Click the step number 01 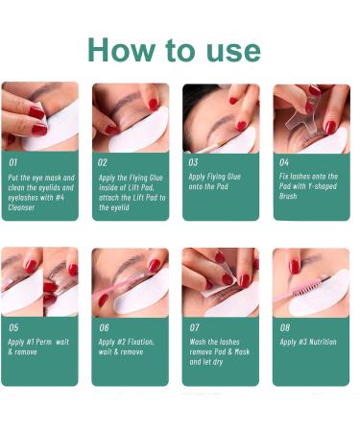12,162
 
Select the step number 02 103,162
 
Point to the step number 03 193,162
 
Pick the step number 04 284,162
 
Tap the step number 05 13,327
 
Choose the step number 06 104,327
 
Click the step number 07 194,327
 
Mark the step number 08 285,327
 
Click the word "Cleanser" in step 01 21,207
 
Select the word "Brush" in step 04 288,196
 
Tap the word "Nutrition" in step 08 323,342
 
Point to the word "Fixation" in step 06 140,342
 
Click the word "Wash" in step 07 198,342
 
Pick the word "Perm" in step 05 43,342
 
